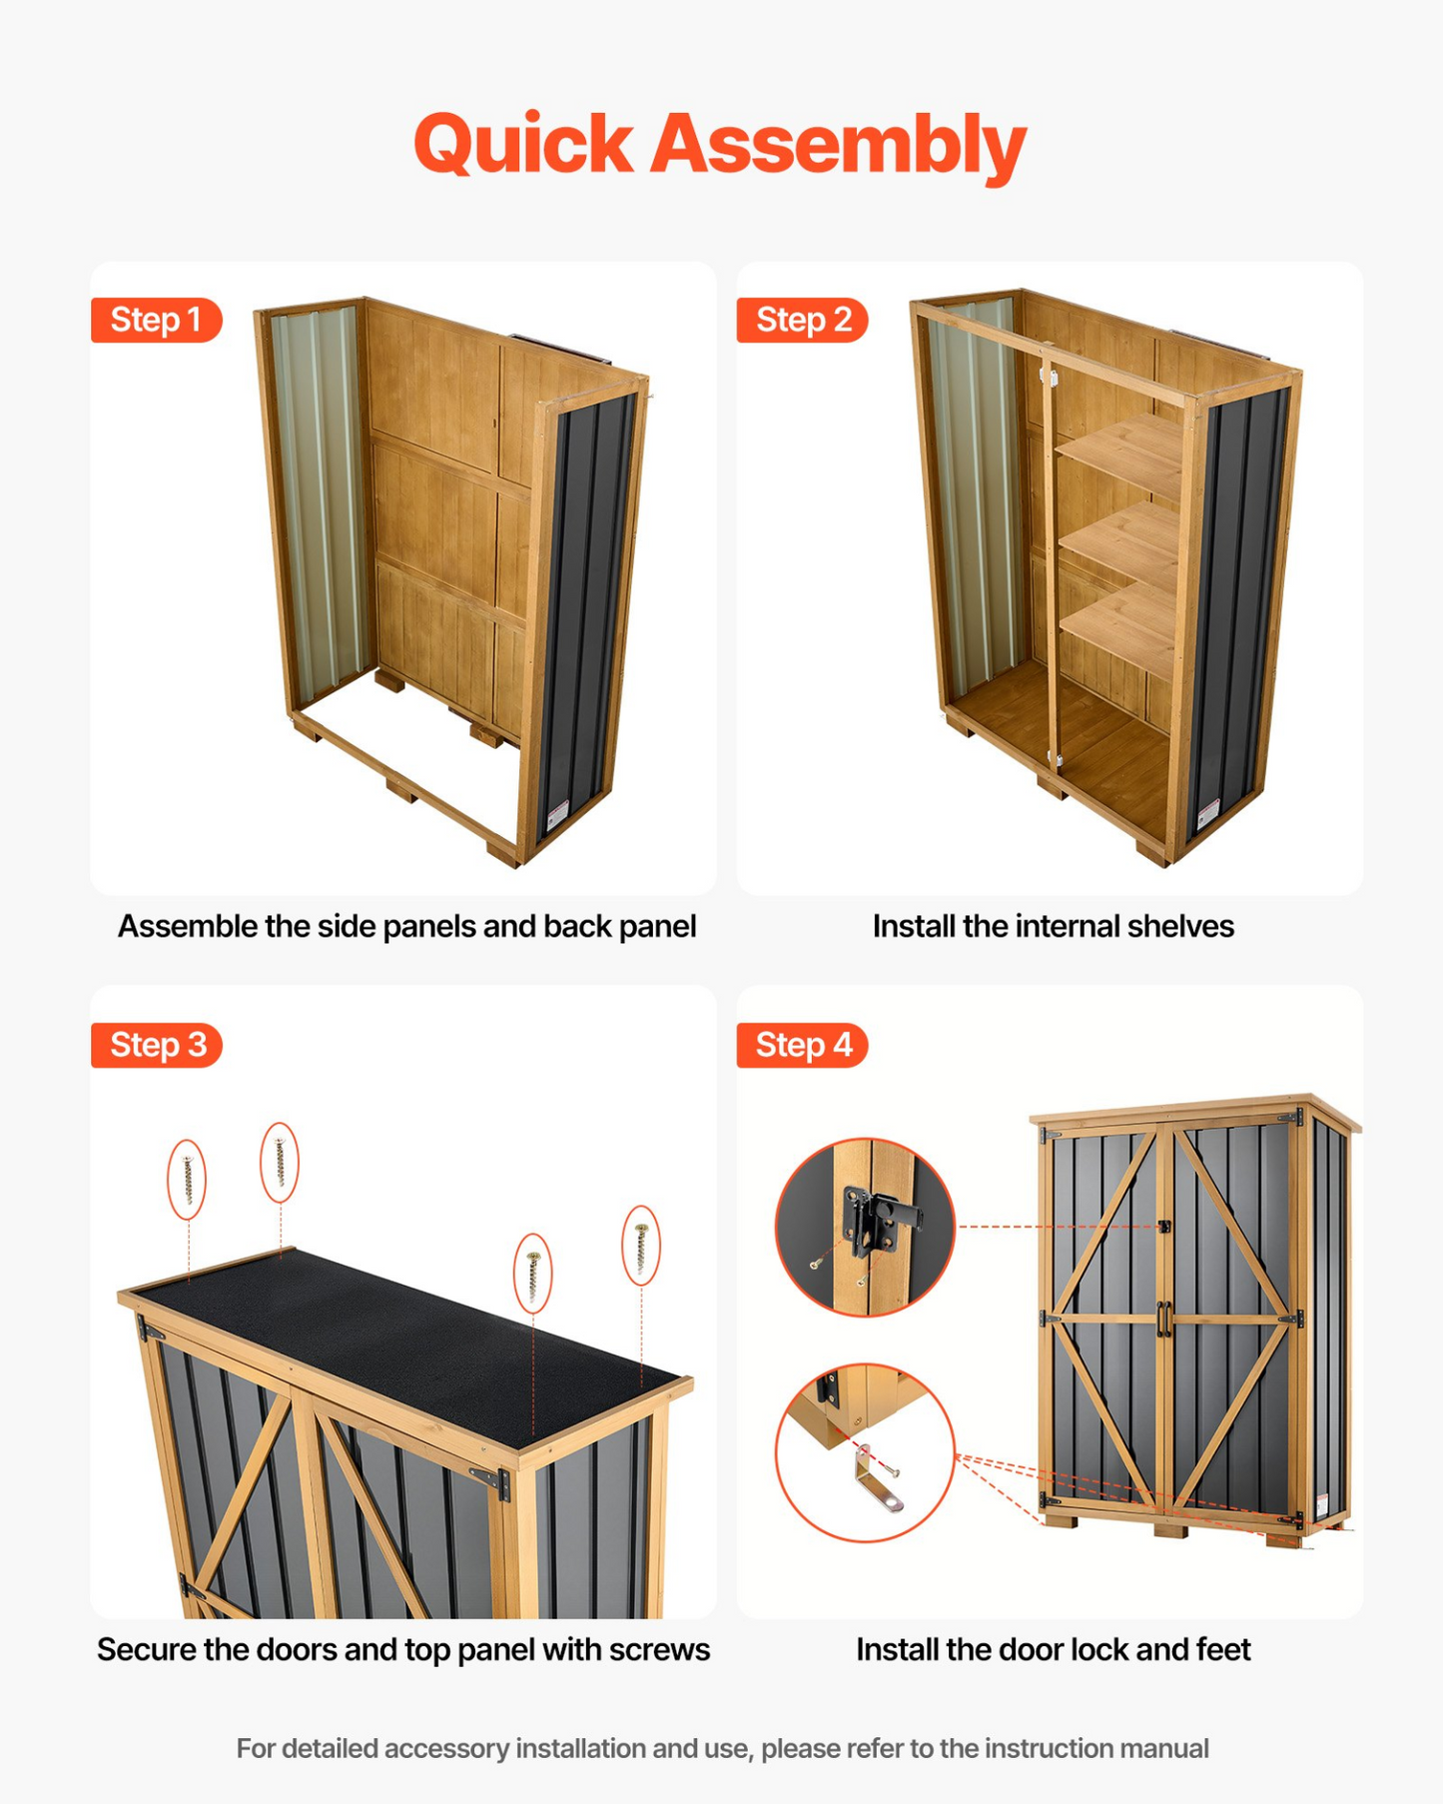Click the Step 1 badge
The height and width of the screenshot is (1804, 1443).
(x=156, y=320)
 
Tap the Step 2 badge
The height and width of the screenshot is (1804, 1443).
(x=803, y=320)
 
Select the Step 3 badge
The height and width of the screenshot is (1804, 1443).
(x=157, y=1045)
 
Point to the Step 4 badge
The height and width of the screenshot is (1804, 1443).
(x=803, y=1045)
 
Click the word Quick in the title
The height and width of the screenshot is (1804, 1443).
(x=523, y=145)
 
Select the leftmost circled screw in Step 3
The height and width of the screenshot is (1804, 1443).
(x=187, y=1180)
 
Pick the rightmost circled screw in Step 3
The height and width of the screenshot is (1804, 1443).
(x=641, y=1245)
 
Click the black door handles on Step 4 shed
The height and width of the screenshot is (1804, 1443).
(x=1163, y=1319)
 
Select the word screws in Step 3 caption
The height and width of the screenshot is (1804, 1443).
(x=660, y=1649)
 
